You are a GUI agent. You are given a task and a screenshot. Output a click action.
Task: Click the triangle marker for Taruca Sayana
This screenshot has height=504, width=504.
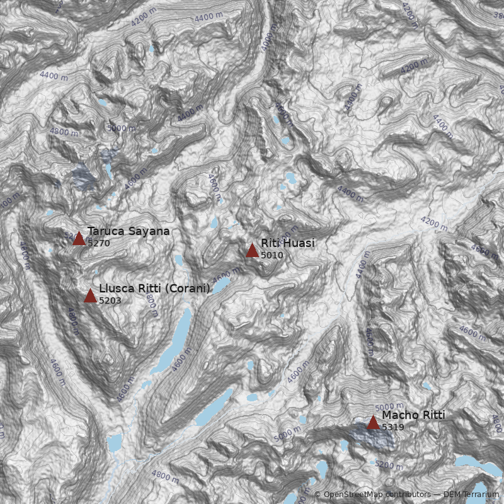(x=79, y=238)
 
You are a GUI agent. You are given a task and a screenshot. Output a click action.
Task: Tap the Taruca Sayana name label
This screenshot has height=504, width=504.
(x=129, y=231)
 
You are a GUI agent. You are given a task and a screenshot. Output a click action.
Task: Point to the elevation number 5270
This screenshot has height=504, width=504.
(x=99, y=243)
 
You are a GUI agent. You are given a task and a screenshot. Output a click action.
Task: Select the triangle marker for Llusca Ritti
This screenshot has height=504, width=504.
(x=90, y=295)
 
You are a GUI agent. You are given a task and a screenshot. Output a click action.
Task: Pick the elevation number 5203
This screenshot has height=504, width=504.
(x=110, y=301)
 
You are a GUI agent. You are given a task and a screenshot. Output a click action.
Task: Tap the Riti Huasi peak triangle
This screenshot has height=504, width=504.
(x=252, y=250)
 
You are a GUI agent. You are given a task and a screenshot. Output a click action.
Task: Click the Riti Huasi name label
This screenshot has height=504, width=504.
(x=288, y=243)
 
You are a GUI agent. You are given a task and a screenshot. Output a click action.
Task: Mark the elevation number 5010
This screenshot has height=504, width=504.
(x=272, y=255)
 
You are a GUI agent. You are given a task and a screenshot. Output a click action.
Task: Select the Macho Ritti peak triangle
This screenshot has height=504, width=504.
(x=373, y=422)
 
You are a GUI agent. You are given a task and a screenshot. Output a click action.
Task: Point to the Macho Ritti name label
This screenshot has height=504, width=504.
(x=413, y=415)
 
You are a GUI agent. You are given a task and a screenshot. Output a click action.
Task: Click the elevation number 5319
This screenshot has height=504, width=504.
(x=393, y=427)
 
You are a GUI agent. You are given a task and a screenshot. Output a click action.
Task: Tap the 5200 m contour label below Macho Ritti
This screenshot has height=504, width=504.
(x=389, y=464)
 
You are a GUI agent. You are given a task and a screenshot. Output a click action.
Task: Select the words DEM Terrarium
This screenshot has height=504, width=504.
(x=472, y=495)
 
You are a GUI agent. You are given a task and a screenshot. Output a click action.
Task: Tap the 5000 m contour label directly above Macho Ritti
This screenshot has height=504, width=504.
(x=389, y=407)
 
